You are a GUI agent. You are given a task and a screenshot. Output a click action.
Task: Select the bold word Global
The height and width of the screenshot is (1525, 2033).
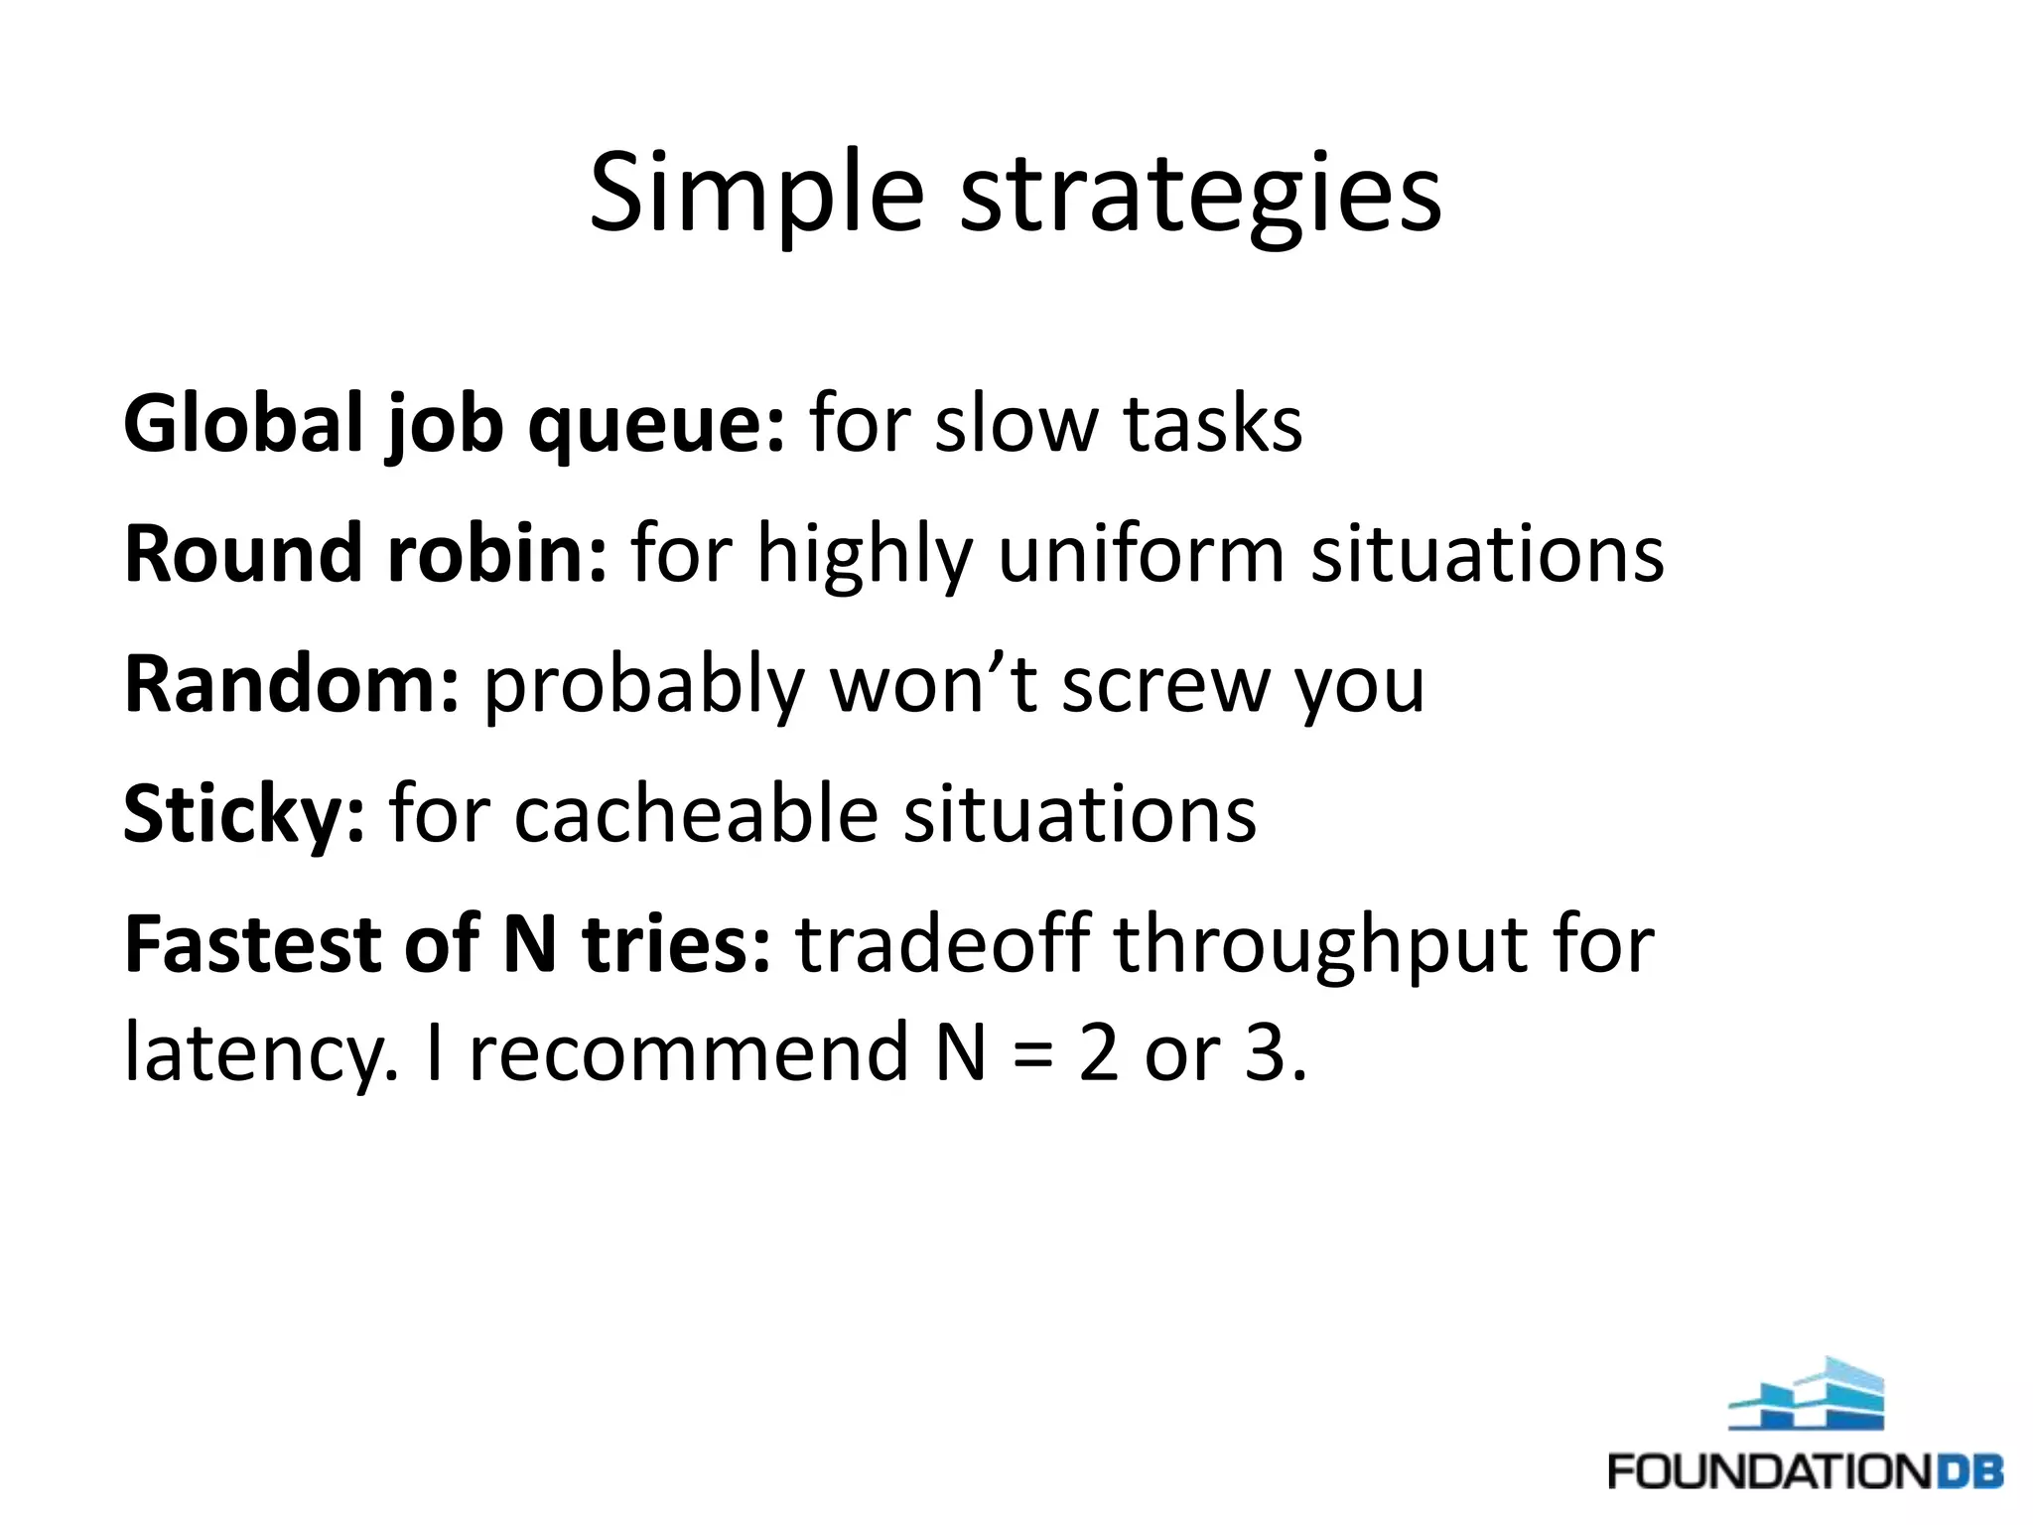click(243, 424)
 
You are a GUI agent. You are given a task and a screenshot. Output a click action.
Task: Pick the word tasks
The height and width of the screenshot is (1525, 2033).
click(1212, 424)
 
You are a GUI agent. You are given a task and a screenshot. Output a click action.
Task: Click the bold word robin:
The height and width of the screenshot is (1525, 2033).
click(496, 553)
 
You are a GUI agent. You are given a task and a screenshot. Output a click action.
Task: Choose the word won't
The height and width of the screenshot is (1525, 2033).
click(933, 684)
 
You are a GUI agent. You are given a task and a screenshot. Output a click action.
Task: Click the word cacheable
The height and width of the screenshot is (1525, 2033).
click(696, 814)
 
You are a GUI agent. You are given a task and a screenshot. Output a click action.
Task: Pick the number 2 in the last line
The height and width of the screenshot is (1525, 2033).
click(1098, 1052)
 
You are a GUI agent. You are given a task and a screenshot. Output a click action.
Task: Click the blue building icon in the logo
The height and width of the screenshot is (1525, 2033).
click(1806, 1394)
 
